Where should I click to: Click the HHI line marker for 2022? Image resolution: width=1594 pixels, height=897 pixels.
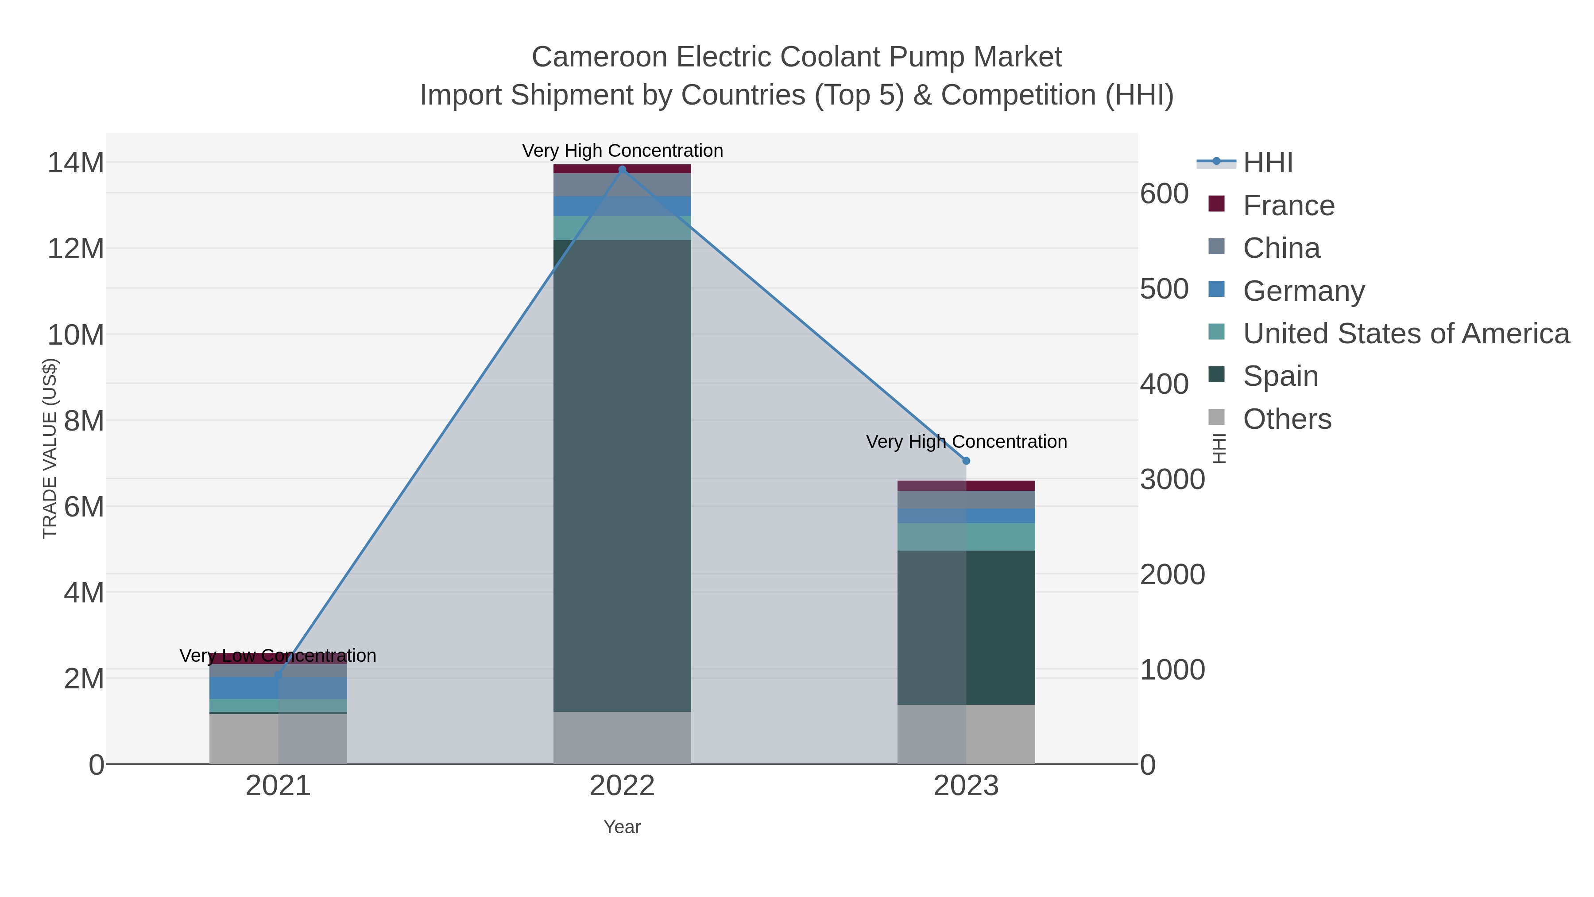(x=622, y=170)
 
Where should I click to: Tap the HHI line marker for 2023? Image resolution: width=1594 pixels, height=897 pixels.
(x=966, y=461)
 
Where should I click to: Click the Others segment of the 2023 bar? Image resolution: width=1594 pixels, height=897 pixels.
(x=966, y=734)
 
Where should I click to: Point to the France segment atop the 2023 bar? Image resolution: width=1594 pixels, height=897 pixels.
(x=966, y=485)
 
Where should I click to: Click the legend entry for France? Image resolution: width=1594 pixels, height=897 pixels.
(x=1288, y=206)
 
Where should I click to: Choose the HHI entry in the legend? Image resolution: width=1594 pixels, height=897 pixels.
(x=1267, y=163)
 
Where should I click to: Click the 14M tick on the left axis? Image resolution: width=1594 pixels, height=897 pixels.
(x=75, y=163)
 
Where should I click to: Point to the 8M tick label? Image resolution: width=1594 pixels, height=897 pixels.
(x=84, y=421)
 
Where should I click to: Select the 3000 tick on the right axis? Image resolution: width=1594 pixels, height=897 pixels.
(x=1172, y=480)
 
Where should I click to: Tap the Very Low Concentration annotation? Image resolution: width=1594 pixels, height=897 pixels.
(x=278, y=656)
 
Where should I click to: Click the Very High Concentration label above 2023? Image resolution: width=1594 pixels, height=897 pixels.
(x=966, y=442)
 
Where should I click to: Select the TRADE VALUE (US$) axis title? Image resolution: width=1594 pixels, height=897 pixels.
(x=50, y=448)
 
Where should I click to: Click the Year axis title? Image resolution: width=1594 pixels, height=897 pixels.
(x=622, y=827)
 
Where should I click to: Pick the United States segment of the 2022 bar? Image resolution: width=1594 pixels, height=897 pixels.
(x=622, y=228)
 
